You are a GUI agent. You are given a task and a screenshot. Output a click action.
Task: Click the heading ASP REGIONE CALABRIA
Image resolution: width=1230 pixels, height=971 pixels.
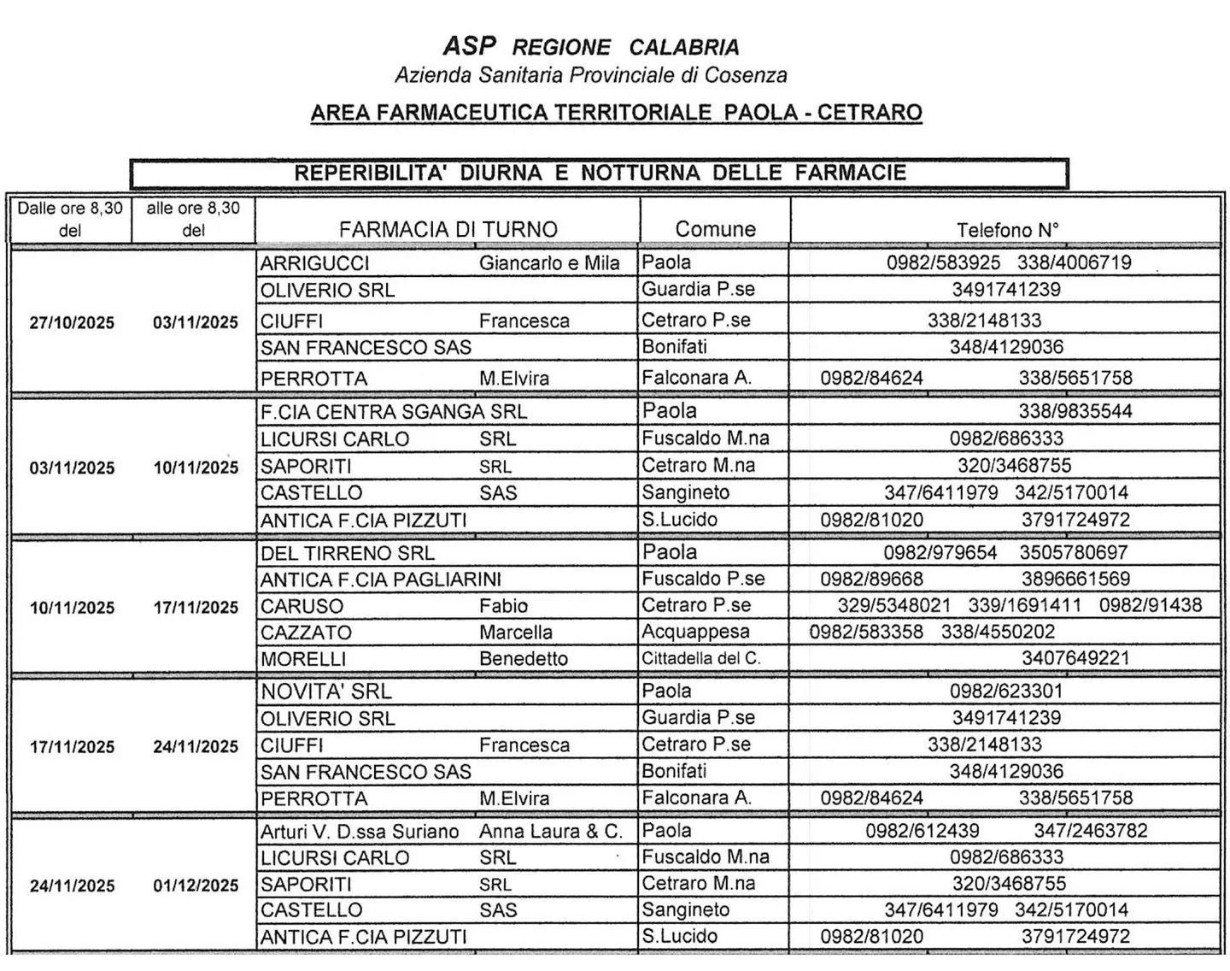click(x=590, y=46)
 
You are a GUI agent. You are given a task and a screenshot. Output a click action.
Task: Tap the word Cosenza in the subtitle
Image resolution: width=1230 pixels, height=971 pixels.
click(x=745, y=75)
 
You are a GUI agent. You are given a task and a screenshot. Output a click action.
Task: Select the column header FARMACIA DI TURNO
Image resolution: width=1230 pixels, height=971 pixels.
click(x=448, y=229)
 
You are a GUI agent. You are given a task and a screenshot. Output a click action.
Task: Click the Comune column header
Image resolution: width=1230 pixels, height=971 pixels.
click(x=715, y=229)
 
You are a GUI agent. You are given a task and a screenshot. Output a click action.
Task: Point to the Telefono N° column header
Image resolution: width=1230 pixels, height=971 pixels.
click(x=1007, y=229)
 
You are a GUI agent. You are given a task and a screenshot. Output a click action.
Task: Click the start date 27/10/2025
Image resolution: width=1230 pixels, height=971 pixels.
click(x=72, y=322)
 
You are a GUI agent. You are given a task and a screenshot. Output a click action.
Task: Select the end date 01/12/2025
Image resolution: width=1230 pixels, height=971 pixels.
click(x=196, y=886)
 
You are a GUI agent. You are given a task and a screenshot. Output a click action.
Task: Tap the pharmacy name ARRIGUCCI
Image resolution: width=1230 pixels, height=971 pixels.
click(x=314, y=263)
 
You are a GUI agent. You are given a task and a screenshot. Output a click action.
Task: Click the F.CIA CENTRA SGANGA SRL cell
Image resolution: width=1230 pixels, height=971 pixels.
click(x=394, y=412)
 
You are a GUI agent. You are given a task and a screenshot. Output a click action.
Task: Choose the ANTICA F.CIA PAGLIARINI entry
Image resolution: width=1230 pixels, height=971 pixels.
click(x=381, y=580)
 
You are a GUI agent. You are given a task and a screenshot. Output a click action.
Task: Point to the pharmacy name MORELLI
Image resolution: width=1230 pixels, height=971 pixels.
click(x=303, y=659)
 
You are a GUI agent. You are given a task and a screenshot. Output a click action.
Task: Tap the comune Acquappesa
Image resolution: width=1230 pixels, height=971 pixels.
click(x=695, y=632)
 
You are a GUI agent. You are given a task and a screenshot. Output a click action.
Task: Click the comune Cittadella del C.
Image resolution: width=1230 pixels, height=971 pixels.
click(x=700, y=659)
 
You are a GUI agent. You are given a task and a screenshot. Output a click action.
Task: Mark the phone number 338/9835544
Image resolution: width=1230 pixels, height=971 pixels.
click(x=1075, y=411)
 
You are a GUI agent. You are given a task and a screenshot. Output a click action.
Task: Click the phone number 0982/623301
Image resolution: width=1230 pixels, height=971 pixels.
click(x=1006, y=691)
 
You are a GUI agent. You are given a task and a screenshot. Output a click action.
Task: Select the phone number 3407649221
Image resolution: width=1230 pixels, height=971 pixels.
click(x=1075, y=658)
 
